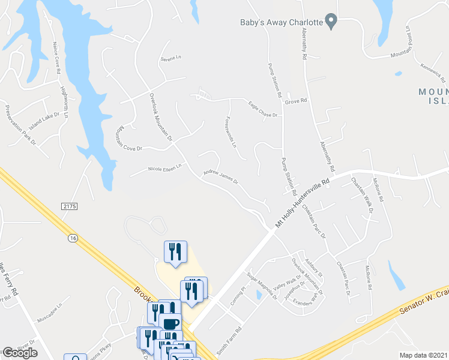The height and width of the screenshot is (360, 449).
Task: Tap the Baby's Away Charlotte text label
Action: click(280, 22)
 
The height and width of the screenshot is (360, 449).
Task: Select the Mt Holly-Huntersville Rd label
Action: click(303, 202)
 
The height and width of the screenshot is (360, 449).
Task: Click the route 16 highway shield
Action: click(73, 238)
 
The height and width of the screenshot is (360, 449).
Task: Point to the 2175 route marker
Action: click(70, 206)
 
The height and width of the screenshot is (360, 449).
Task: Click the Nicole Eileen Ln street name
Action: click(164, 169)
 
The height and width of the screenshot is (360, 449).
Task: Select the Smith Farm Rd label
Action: click(229, 339)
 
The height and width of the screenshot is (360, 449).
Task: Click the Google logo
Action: click(19, 353)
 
